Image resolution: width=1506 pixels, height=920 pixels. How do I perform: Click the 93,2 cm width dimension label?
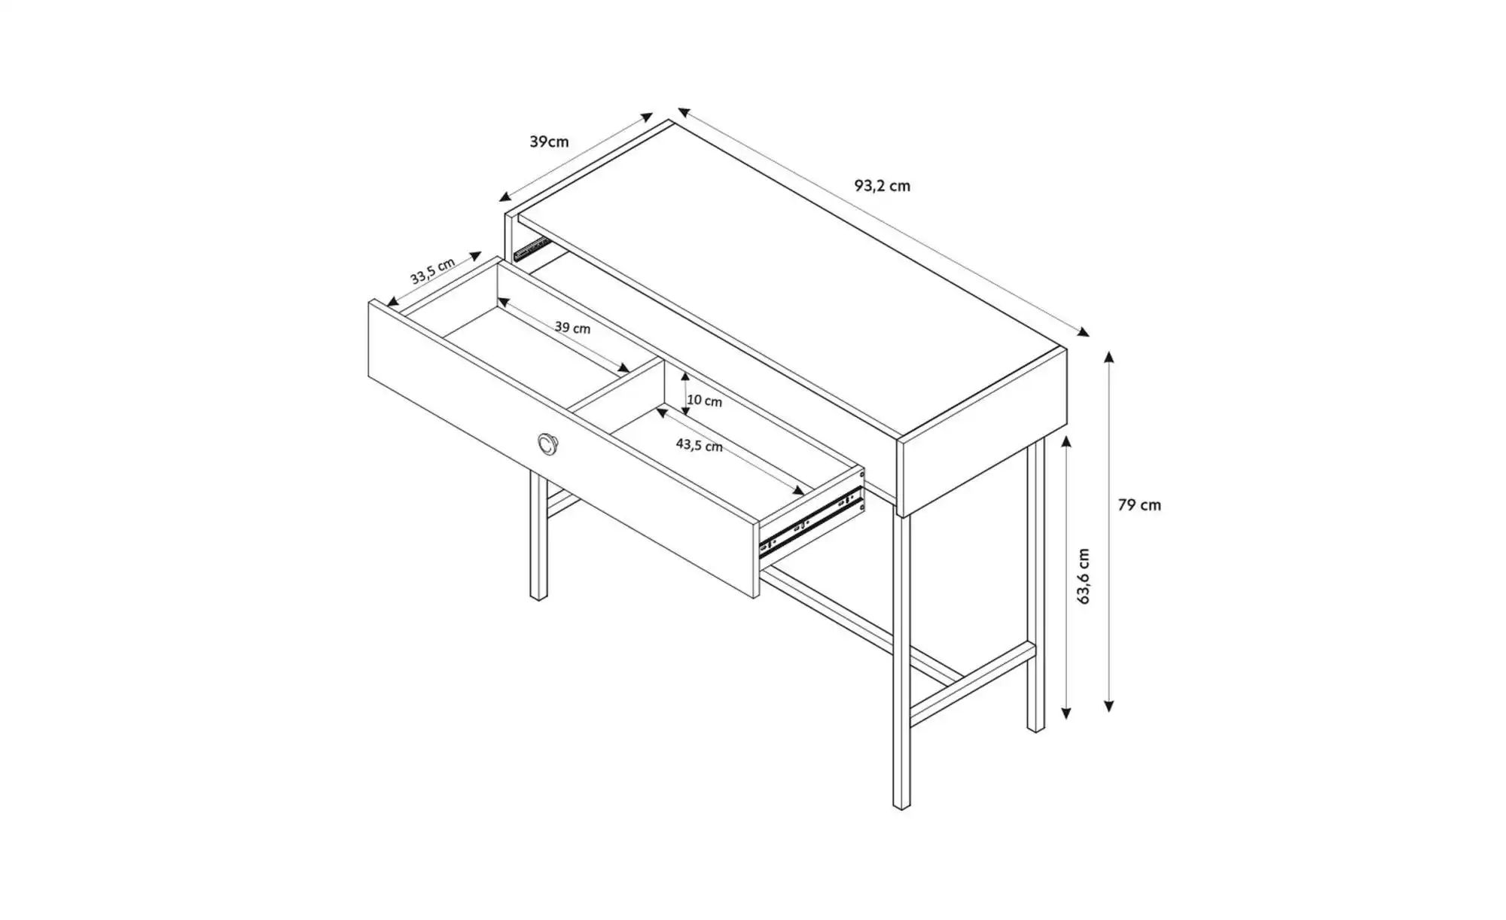(882, 185)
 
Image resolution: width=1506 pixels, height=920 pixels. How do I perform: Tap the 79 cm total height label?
(1139, 505)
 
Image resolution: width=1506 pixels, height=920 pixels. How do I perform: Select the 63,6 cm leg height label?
(1084, 576)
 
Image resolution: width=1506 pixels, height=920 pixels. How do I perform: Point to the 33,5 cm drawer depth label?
(432, 271)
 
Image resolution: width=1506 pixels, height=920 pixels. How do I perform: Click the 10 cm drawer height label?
(704, 401)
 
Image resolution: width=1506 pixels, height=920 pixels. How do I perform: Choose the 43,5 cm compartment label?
(699, 445)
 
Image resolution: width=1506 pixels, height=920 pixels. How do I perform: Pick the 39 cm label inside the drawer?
(572, 327)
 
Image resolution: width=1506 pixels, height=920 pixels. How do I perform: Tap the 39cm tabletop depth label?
(549, 142)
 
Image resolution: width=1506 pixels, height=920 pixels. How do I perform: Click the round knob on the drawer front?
(548, 444)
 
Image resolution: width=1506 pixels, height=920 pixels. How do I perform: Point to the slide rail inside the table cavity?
(531, 248)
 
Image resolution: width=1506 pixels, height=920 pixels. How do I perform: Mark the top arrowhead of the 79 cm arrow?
(1108, 356)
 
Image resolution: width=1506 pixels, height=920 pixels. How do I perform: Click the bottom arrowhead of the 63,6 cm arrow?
(1066, 713)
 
